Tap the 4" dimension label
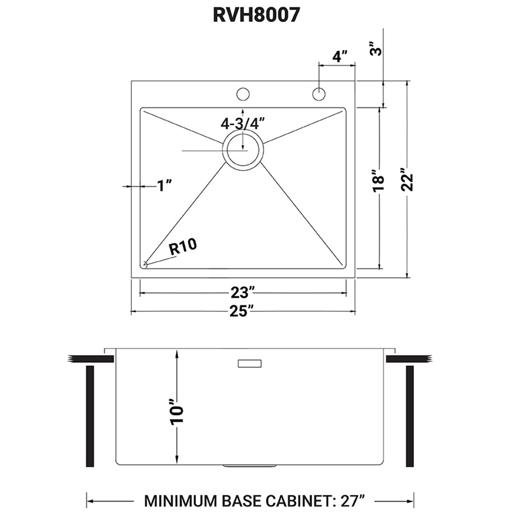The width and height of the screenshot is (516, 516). [x=340, y=56]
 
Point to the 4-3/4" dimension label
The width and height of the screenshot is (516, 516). [x=243, y=123]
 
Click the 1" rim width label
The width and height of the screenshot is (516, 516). [x=164, y=185]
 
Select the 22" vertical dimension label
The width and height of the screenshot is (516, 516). [x=408, y=180]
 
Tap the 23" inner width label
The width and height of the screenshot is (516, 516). [x=243, y=293]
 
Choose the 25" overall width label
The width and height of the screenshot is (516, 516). [x=243, y=311]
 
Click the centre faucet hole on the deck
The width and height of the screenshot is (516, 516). [x=243, y=94]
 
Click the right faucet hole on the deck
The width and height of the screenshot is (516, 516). [x=318, y=94]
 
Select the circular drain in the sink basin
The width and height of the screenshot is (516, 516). [x=243, y=150]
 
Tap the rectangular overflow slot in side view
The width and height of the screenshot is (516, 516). [x=250, y=364]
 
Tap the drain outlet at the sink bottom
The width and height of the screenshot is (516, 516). [x=237, y=465]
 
